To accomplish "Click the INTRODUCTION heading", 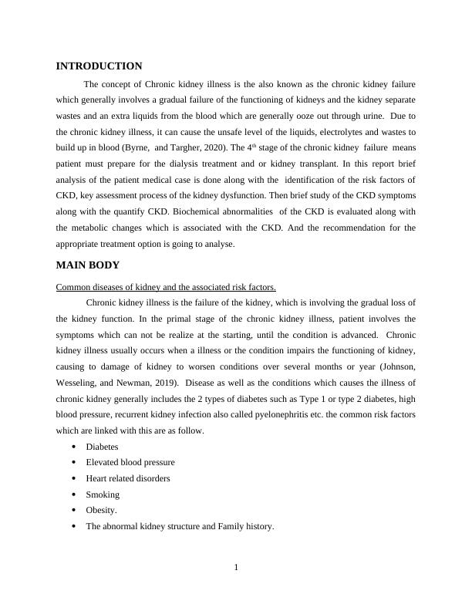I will [99, 66].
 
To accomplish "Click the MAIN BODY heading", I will [88, 265].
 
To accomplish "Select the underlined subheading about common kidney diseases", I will [167, 287].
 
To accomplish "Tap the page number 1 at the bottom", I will [236, 569].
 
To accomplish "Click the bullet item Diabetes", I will [102, 447].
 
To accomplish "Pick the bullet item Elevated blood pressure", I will [130, 463].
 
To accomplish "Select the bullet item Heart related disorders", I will [128, 478].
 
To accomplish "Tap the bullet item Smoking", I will [103, 495].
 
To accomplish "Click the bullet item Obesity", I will [102, 511].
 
